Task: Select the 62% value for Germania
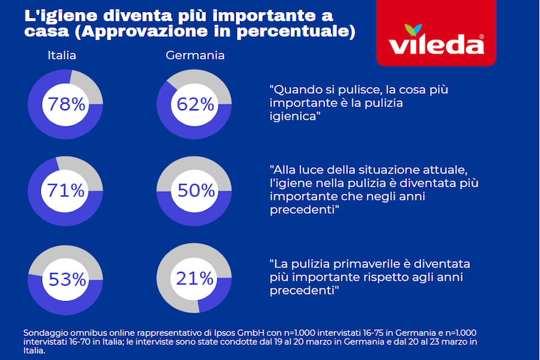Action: [195, 104]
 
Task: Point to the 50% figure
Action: [196, 191]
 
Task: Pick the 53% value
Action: [65, 279]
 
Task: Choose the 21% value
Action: [195, 278]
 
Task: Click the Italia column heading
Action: [62, 56]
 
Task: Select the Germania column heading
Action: [195, 56]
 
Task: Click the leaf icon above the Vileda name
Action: [431, 29]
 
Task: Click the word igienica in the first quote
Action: [293, 117]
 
